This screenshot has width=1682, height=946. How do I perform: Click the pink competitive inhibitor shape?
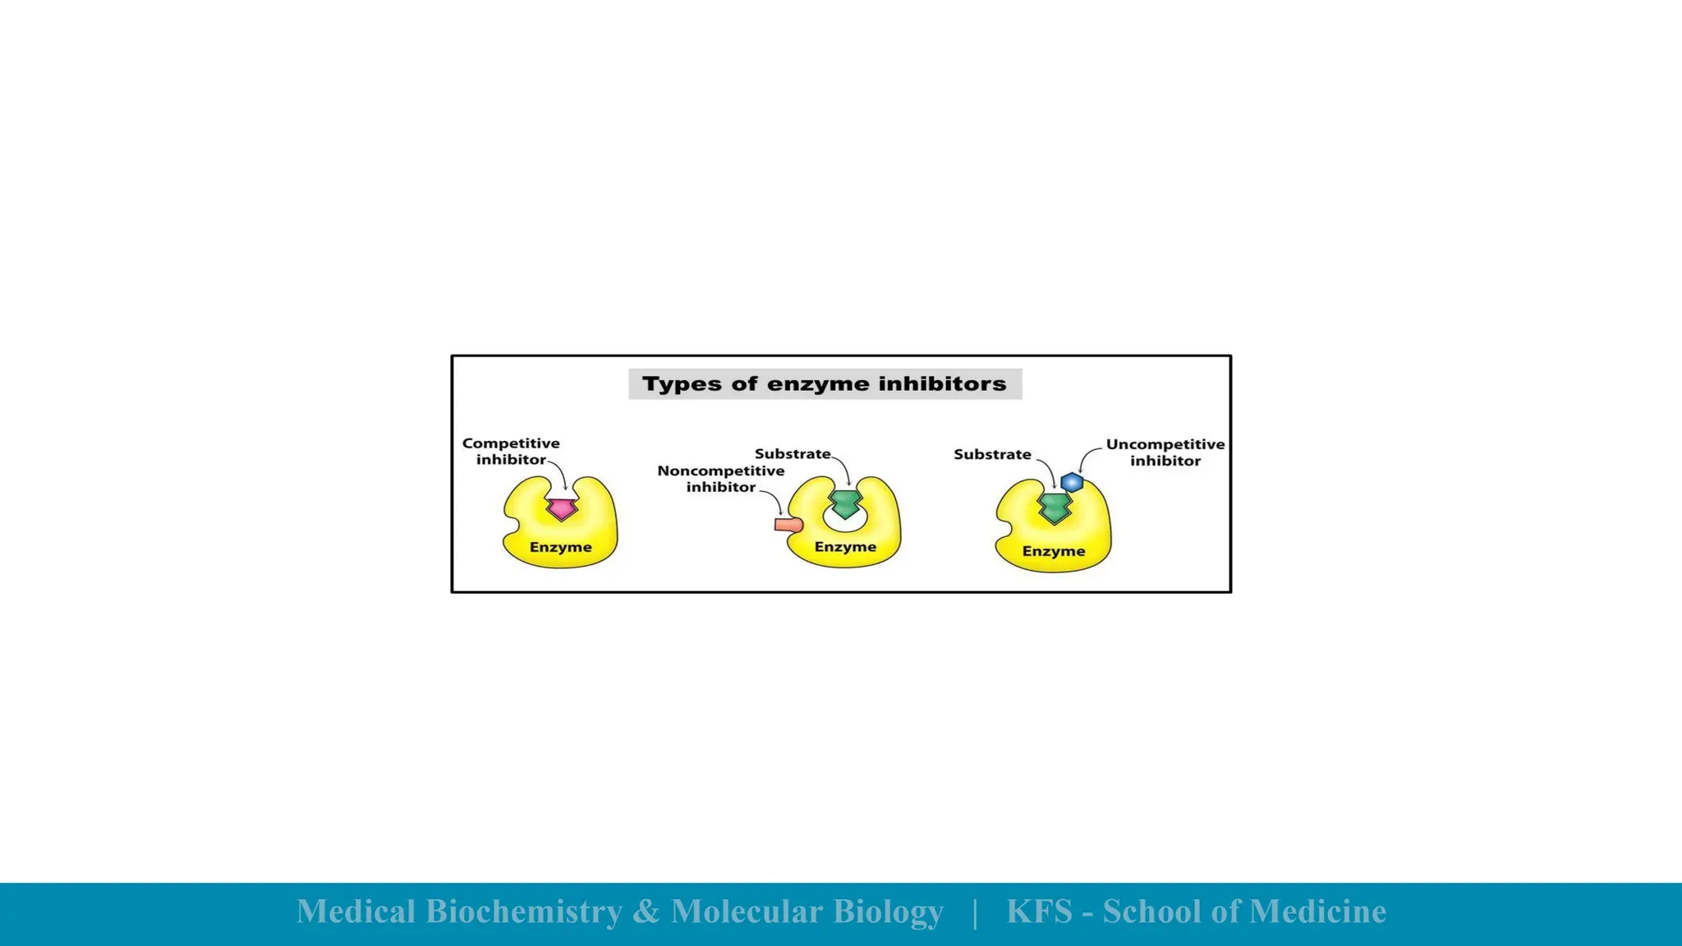click(562, 509)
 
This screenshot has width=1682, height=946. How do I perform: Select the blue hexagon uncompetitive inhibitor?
click(1072, 482)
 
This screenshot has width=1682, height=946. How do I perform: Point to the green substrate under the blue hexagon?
click(1055, 508)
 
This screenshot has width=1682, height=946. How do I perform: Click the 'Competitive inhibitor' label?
click(511, 452)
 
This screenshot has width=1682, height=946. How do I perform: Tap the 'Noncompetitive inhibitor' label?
click(720, 479)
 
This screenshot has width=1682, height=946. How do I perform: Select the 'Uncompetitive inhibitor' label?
click(1165, 452)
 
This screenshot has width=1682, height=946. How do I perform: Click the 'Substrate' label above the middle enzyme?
click(793, 454)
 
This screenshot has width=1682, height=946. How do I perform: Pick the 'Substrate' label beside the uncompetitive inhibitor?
click(992, 454)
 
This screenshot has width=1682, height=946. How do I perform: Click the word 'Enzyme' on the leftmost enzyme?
click(561, 547)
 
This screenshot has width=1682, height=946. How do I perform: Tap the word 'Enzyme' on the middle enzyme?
click(845, 547)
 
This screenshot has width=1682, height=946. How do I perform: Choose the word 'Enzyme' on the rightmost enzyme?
click(1054, 551)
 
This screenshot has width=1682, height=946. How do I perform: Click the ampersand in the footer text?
click(646, 912)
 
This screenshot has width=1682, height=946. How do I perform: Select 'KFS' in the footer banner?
click(1040, 912)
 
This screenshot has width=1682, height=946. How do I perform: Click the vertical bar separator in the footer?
click(975, 912)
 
